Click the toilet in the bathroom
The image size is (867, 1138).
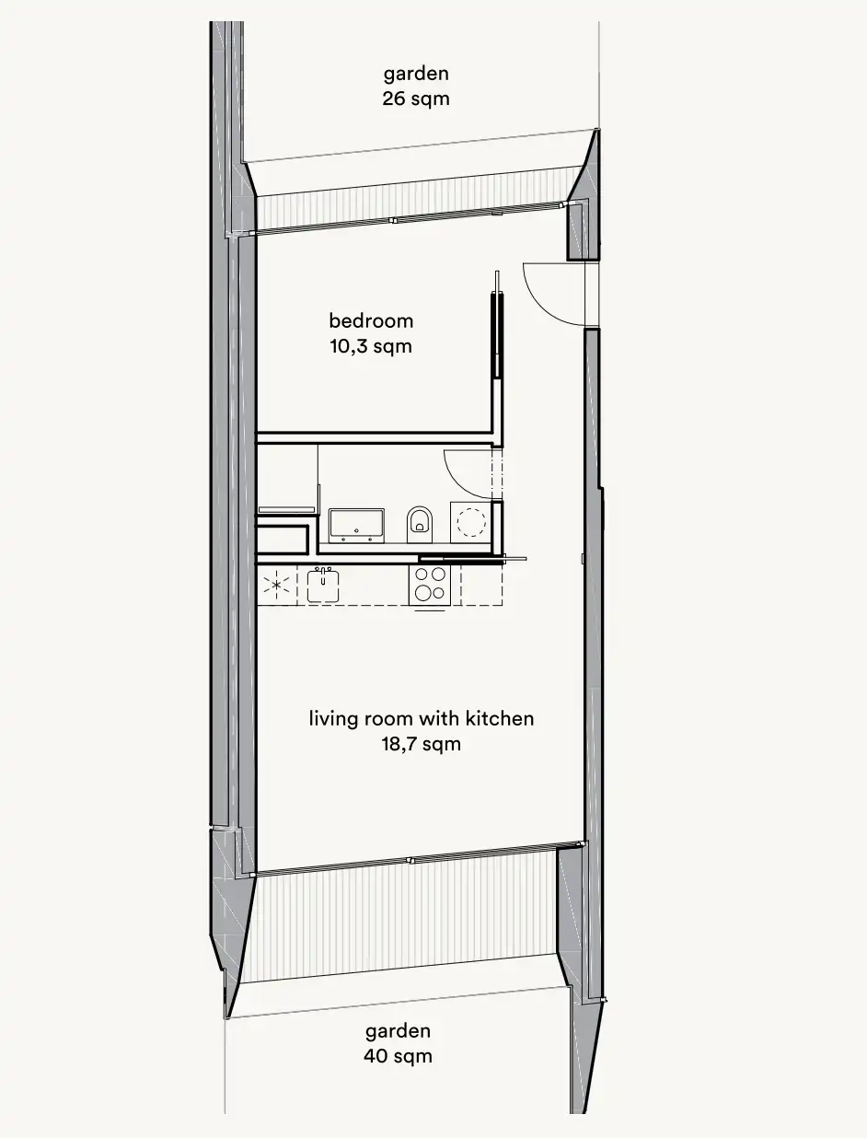pyautogui.click(x=420, y=524)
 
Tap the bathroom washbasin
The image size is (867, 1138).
pyautogui.click(x=356, y=525)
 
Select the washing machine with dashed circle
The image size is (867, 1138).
pyautogui.click(x=471, y=521)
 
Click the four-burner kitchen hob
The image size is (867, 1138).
pyautogui.click(x=430, y=585)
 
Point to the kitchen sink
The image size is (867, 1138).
pyautogui.click(x=323, y=586)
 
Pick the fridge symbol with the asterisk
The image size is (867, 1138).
pyautogui.click(x=277, y=586)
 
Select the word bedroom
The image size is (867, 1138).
pyautogui.click(x=371, y=321)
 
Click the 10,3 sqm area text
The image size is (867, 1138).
pyautogui.click(x=371, y=346)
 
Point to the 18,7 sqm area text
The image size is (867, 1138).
pyautogui.click(x=422, y=745)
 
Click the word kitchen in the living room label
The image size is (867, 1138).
pyautogui.click(x=500, y=718)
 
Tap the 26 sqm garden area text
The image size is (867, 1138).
pyautogui.click(x=416, y=99)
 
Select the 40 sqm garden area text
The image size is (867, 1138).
pyautogui.click(x=398, y=1056)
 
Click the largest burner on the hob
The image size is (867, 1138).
pyautogui.click(x=422, y=592)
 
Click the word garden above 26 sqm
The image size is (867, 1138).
pyautogui.click(x=416, y=75)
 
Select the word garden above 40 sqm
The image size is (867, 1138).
pyautogui.click(x=398, y=1032)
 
